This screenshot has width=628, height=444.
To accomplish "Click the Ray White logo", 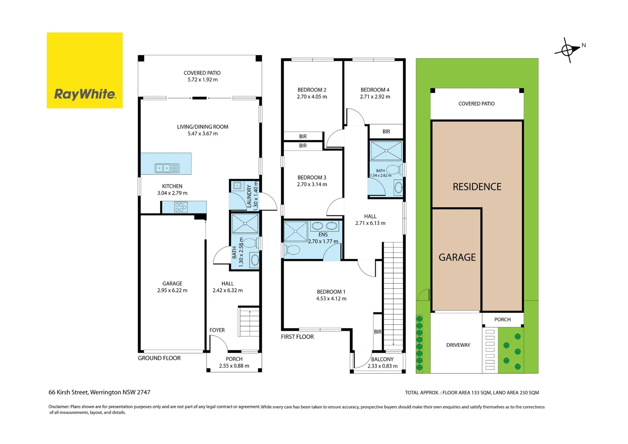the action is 85,70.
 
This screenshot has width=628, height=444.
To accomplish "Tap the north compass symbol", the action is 568,51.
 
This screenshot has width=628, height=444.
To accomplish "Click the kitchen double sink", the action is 167,168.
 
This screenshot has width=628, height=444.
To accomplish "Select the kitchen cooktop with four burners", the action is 181,207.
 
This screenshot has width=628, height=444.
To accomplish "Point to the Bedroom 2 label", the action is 312,90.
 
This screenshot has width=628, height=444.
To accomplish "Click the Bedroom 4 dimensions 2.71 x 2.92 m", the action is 375,97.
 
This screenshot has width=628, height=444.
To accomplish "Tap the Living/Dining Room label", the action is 203,127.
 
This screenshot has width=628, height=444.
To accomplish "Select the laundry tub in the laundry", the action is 237,186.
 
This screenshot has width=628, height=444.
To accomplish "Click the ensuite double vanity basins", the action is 325,226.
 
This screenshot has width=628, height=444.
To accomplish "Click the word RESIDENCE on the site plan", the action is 477,187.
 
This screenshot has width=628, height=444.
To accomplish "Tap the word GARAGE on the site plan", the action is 457,257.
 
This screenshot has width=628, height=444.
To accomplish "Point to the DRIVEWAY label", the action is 458,345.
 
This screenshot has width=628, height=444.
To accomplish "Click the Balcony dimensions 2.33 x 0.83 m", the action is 382,366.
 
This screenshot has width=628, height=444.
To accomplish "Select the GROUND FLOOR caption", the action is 159,358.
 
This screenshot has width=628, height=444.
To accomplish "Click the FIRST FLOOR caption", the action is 297,337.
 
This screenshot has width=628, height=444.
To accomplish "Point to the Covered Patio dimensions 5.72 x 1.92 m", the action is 203,80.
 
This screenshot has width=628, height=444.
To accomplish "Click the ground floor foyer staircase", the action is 249,321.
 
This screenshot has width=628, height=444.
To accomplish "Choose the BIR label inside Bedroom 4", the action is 386,132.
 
